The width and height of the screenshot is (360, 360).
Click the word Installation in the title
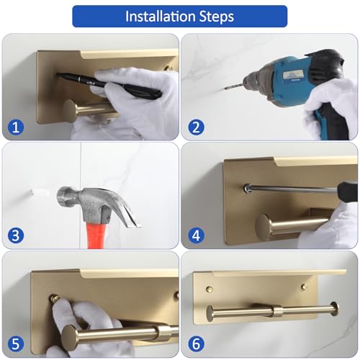point(160,17)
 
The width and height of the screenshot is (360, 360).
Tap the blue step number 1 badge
point(16,127)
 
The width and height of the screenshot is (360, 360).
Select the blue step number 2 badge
point(196,127)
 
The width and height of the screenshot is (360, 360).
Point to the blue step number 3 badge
point(16,235)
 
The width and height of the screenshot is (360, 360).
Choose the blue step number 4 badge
point(196,235)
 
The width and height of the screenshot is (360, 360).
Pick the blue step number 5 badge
point(16,344)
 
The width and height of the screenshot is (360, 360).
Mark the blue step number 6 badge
point(196,344)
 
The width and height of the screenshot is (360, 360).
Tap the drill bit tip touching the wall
point(225,89)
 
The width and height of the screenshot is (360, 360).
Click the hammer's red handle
point(94,235)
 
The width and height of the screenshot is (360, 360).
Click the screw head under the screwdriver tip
point(247,188)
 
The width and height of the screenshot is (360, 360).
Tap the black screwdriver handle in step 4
point(347,192)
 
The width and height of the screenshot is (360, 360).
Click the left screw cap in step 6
point(210,289)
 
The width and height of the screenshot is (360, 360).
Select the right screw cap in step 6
point(304,287)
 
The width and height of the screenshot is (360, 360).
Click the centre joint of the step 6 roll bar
point(278,312)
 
